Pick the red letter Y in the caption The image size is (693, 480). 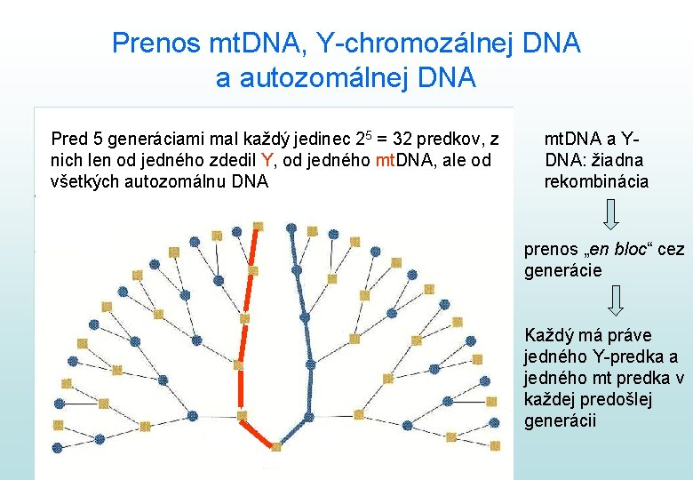(x=267, y=160)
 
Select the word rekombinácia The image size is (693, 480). (x=596, y=181)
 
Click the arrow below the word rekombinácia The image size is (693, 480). (x=610, y=215)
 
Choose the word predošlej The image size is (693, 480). (x=617, y=398)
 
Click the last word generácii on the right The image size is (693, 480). (x=561, y=420)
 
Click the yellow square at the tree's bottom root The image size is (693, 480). (x=276, y=444)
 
